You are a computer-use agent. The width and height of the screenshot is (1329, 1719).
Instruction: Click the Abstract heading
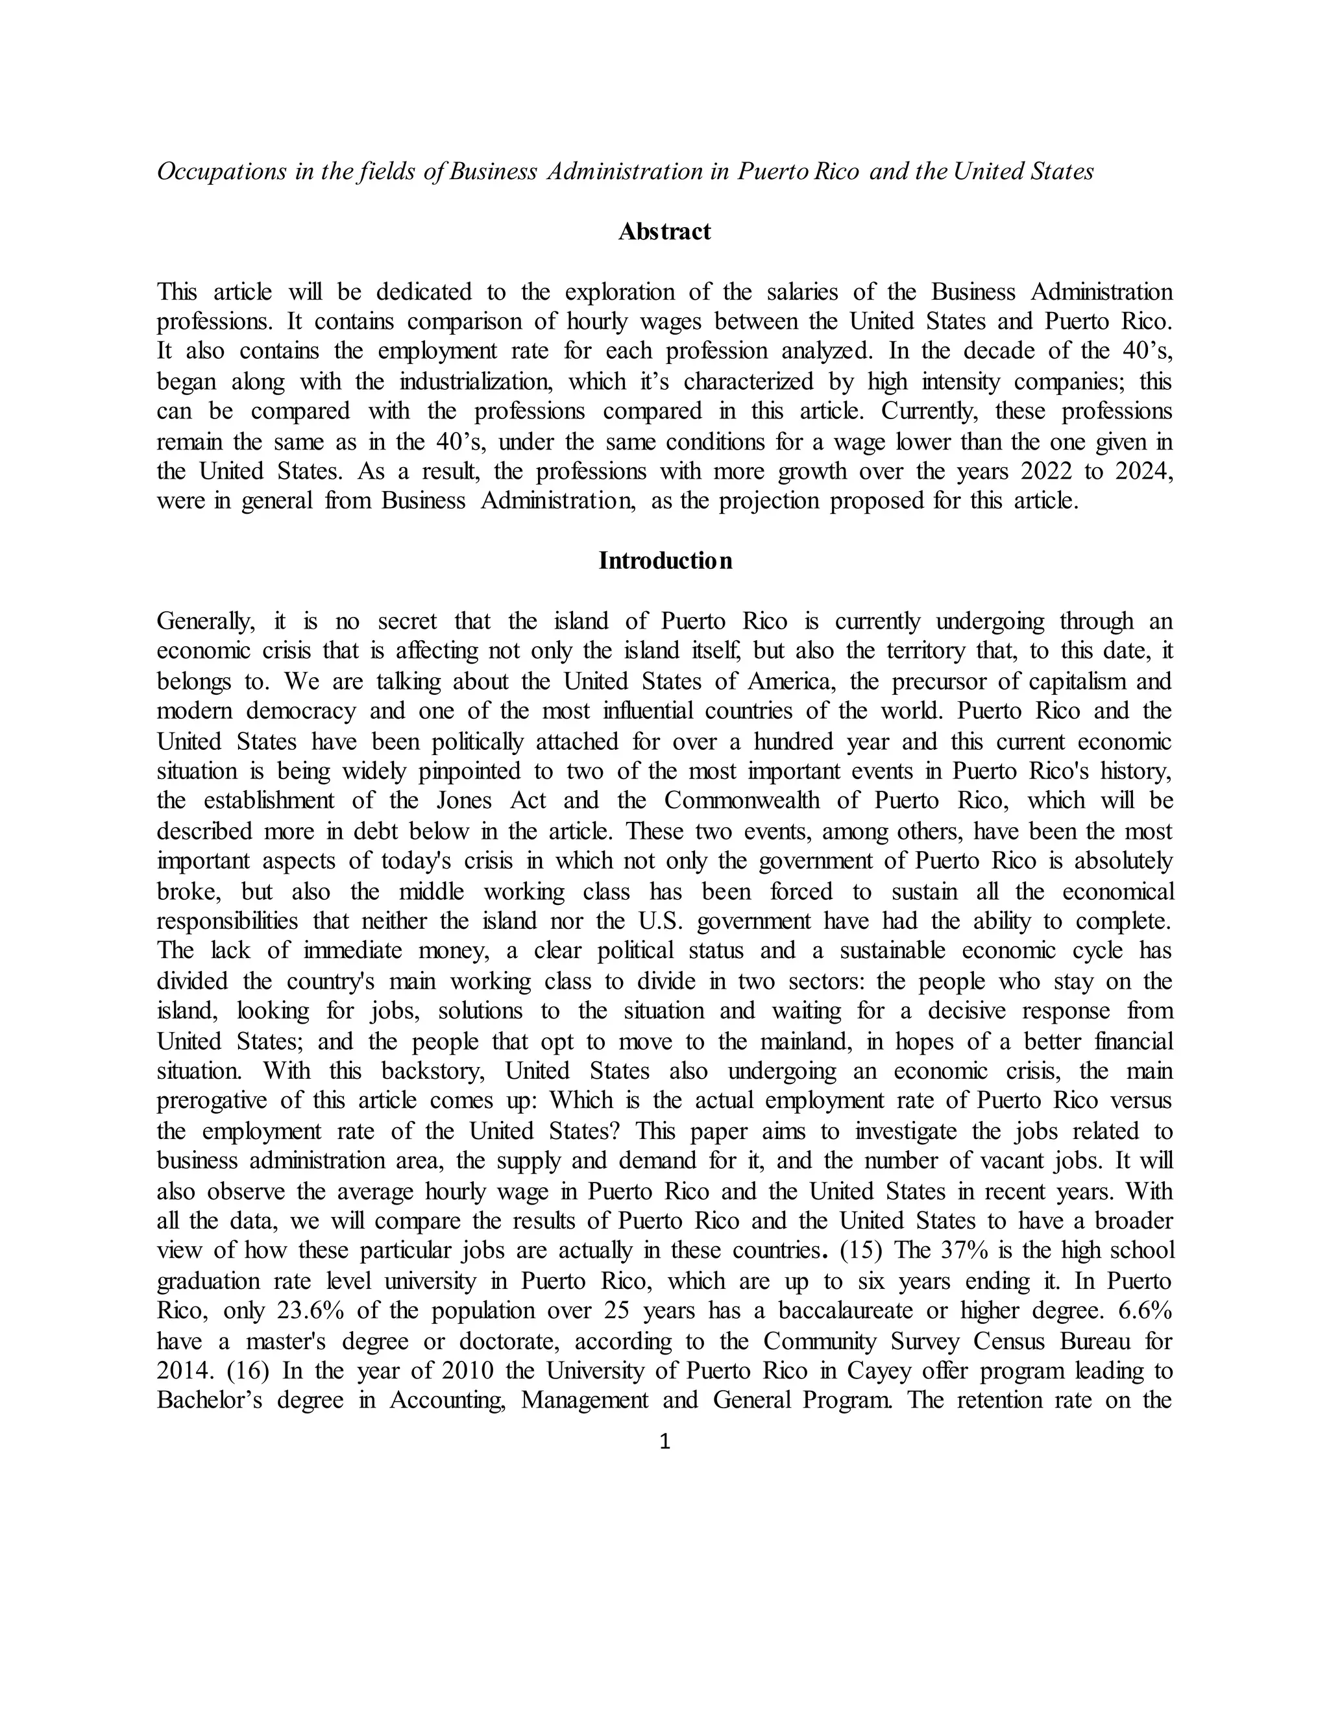[664, 232]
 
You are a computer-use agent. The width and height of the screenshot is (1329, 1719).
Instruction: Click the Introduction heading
[664, 560]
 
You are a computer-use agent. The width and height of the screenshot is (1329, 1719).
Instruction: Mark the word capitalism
[1077, 681]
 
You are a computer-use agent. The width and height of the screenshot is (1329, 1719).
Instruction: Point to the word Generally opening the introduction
[206, 621]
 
